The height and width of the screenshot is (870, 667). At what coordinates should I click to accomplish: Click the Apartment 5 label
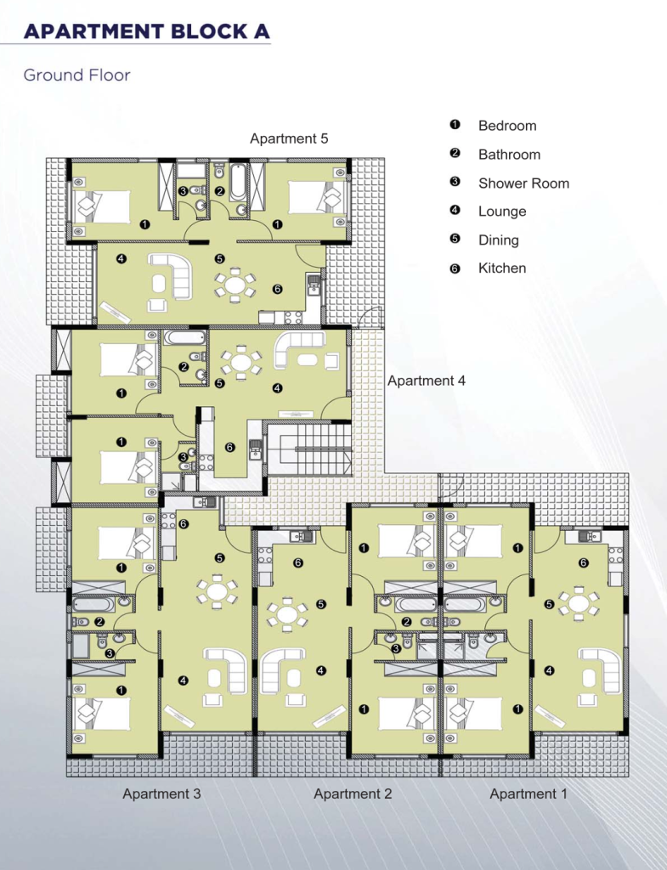(289, 138)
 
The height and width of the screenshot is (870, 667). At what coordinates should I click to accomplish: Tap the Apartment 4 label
(427, 381)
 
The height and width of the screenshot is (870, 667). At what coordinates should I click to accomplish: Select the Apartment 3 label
(161, 794)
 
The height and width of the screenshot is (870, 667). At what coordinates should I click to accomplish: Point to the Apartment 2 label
(353, 794)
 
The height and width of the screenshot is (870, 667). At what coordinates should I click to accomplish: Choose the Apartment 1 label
(529, 794)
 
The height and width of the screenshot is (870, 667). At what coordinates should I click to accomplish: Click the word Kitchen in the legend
(502, 268)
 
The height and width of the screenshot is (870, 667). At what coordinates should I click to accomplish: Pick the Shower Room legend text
(524, 184)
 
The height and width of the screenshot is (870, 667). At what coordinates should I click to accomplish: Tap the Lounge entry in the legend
(502, 212)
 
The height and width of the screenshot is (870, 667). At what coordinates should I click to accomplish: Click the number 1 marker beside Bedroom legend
(455, 124)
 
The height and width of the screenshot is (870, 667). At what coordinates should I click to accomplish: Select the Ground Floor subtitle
(76, 75)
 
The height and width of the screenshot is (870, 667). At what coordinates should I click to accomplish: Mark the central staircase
(315, 449)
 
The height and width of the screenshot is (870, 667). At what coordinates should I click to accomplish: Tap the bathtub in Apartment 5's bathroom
(238, 181)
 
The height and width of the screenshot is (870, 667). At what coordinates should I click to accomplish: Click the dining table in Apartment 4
(241, 362)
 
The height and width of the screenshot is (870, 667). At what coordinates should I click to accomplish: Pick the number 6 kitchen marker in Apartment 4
(229, 447)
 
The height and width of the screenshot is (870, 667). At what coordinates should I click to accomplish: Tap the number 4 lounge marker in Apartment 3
(184, 681)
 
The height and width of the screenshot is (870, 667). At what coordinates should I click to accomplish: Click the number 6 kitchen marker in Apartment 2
(298, 562)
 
